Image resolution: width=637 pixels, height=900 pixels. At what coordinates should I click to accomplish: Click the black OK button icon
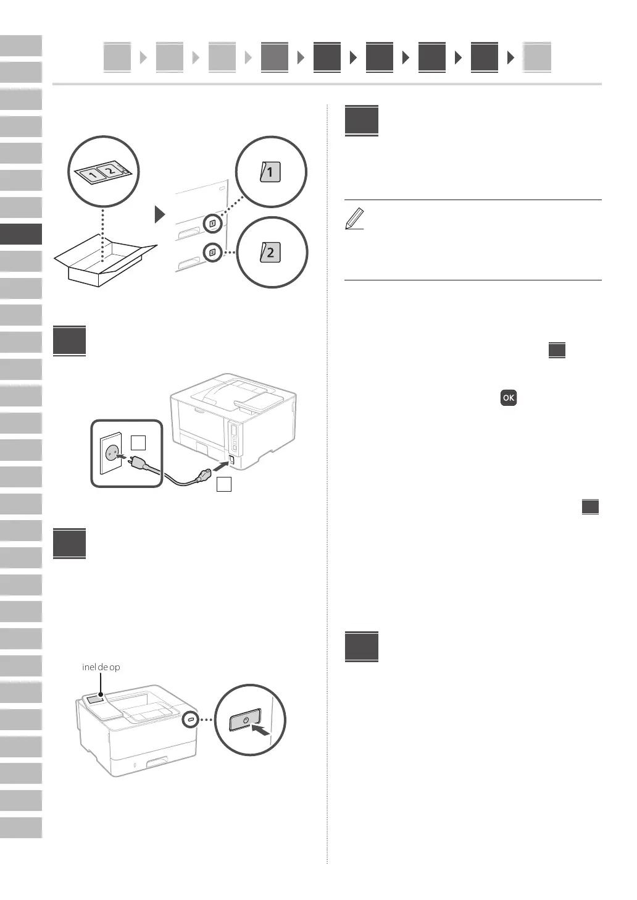[x=508, y=398]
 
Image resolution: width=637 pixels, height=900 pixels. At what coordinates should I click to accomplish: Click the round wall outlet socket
[x=113, y=453]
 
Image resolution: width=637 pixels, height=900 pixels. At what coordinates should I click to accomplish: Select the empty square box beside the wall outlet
[x=139, y=442]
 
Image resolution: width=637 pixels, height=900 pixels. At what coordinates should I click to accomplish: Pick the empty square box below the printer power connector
[x=224, y=484]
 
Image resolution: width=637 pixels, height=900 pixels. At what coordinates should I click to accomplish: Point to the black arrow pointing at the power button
[x=262, y=732]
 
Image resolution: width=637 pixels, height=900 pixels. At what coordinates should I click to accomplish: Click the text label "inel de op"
[x=101, y=667]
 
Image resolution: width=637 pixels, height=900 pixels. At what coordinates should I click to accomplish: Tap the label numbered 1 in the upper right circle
[x=270, y=172]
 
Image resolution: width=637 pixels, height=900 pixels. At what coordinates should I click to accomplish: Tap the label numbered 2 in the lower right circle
[x=270, y=252]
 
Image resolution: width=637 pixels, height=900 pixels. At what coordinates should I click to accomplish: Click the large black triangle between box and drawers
[x=160, y=214]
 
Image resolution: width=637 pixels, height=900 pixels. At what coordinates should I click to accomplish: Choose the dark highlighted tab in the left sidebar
[x=21, y=234]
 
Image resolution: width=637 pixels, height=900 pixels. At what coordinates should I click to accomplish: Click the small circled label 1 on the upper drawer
[x=212, y=223]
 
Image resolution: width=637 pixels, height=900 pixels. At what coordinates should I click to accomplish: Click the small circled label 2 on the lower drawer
[x=212, y=252]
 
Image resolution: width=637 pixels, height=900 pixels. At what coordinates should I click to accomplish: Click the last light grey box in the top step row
[x=536, y=57]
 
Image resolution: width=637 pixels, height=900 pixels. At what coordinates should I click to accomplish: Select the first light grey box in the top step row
[x=117, y=57]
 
